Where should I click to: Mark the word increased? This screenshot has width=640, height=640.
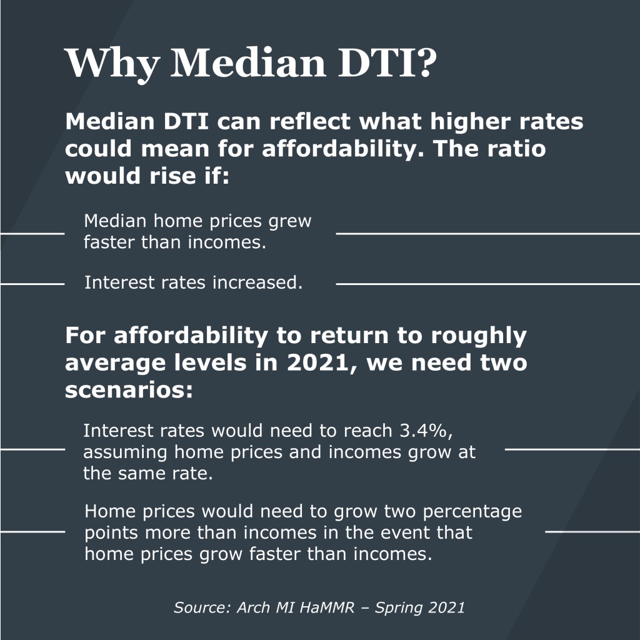tap(257, 282)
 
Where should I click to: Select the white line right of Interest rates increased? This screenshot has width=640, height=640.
tap(487, 284)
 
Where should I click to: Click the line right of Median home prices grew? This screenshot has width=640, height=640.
tap(487, 233)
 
